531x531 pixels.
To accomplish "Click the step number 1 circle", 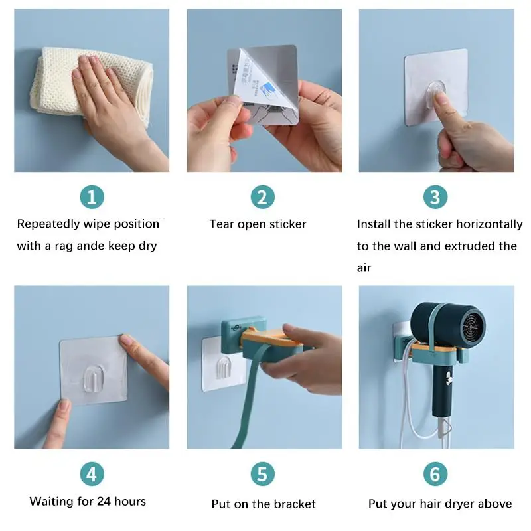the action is click(x=92, y=196).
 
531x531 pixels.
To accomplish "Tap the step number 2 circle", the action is click(x=262, y=196).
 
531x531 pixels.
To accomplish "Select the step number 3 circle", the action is click(x=435, y=196).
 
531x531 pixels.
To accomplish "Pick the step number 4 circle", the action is click(x=92, y=474).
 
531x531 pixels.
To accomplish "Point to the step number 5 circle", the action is click(x=262, y=474).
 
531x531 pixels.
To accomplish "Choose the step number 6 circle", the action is click(x=435, y=474).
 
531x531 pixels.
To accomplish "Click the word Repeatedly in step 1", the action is click(x=48, y=224).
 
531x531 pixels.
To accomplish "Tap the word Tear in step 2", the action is click(x=222, y=224).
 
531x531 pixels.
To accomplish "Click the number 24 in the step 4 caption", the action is click(x=104, y=501).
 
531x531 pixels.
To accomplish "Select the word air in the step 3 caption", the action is click(x=364, y=268).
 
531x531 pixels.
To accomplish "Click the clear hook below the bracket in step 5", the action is click(x=224, y=367).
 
